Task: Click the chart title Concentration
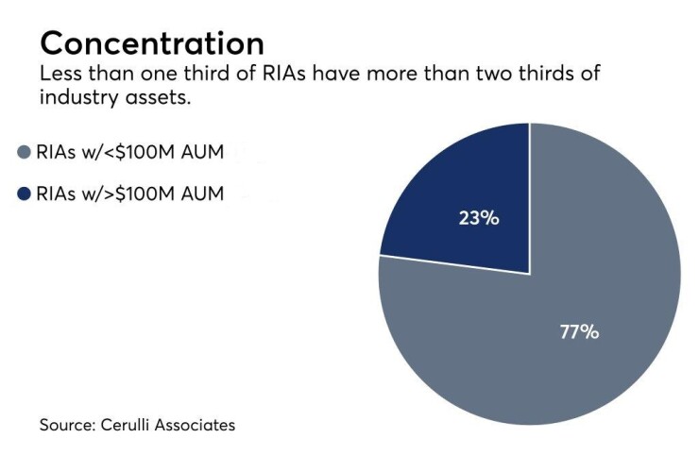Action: tap(152, 42)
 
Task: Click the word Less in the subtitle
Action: tap(59, 75)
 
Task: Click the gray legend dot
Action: tap(26, 154)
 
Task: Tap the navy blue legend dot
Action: tap(26, 194)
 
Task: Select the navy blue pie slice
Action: tap(472, 189)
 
